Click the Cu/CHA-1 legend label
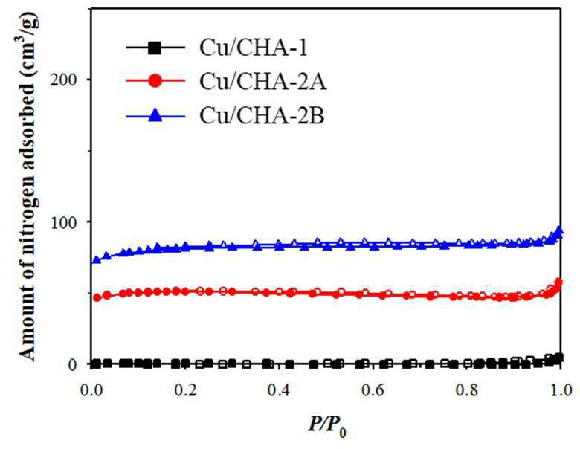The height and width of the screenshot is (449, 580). point(254,48)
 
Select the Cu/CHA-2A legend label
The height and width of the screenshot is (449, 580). point(263,81)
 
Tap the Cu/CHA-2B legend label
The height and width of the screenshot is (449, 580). point(262,115)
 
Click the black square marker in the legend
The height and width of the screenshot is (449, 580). point(155,48)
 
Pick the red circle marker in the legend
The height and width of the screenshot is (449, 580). point(155,80)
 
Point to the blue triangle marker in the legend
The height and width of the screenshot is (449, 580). point(155,115)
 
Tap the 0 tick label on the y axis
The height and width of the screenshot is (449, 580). point(73,364)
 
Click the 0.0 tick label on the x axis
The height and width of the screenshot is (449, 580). point(91,390)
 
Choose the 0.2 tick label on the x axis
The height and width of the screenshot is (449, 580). point(185,390)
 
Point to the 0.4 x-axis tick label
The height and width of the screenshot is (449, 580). point(280,390)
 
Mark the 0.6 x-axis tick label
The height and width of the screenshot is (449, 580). point(373,390)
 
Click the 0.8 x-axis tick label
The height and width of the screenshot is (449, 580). point(467,390)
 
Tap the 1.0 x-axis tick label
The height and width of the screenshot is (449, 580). point(561,390)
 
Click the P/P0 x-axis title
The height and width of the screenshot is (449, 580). point(327,425)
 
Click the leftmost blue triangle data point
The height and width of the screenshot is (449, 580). point(96,259)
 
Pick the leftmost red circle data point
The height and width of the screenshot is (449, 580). point(97,297)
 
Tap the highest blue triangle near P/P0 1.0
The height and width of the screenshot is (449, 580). point(559,230)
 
